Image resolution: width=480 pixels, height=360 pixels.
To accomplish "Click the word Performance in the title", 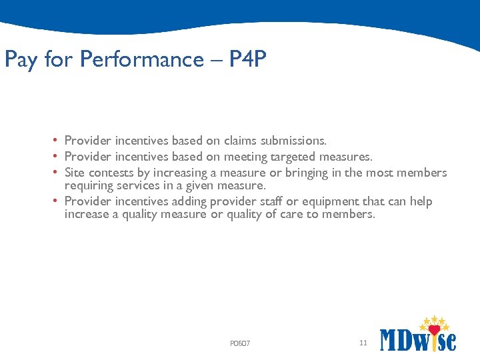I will pyautogui.click(x=141, y=60).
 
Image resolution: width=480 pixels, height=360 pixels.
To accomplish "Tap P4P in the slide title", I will pyautogui.click(x=247, y=60).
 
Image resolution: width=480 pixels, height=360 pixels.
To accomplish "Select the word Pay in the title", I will pyautogui.click(x=21, y=60).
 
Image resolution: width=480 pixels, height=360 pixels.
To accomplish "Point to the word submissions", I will pyautogui.click(x=293, y=141).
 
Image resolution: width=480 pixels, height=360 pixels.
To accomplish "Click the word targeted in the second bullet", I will pyautogui.click(x=293, y=157).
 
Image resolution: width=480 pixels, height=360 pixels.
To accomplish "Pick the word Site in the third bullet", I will pyautogui.click(x=74, y=173).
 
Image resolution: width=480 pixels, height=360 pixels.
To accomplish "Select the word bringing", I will pyautogui.click(x=307, y=173).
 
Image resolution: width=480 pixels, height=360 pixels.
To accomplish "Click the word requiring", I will pyautogui.click(x=86, y=185).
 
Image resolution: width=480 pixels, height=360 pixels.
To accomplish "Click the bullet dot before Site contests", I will pyautogui.click(x=57, y=172).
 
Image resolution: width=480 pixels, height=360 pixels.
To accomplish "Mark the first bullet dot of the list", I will pyautogui.click(x=57, y=141).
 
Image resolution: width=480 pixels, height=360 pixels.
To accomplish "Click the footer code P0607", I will pyautogui.click(x=239, y=343).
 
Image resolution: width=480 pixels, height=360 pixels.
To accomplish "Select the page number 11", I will pyautogui.click(x=363, y=343).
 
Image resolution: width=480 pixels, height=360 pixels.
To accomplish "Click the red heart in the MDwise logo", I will pyautogui.click(x=434, y=330).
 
